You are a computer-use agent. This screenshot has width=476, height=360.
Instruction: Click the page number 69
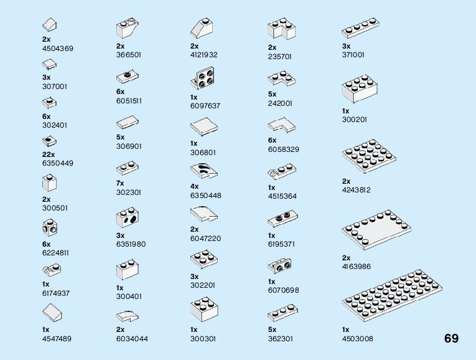click(451, 339)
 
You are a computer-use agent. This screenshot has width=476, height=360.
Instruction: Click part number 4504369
click(58, 48)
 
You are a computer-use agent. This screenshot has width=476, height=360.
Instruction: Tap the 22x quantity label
click(49, 154)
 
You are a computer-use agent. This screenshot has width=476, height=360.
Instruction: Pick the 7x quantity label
click(120, 184)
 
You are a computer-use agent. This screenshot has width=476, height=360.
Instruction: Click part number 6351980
click(131, 244)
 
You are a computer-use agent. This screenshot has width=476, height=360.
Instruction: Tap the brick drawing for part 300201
click(358, 90)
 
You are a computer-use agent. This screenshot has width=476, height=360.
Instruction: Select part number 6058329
click(283, 149)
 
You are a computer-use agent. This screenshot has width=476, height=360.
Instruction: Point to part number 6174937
click(56, 293)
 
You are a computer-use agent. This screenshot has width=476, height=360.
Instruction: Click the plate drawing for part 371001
click(360, 29)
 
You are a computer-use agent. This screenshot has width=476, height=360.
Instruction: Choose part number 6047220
click(205, 239)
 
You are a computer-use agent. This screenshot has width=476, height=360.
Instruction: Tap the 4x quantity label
click(194, 186)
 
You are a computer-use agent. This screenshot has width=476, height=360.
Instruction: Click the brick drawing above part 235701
click(281, 29)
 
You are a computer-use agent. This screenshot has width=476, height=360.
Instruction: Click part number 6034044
click(132, 338)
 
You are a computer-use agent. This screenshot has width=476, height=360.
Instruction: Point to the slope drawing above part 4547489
click(55, 313)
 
